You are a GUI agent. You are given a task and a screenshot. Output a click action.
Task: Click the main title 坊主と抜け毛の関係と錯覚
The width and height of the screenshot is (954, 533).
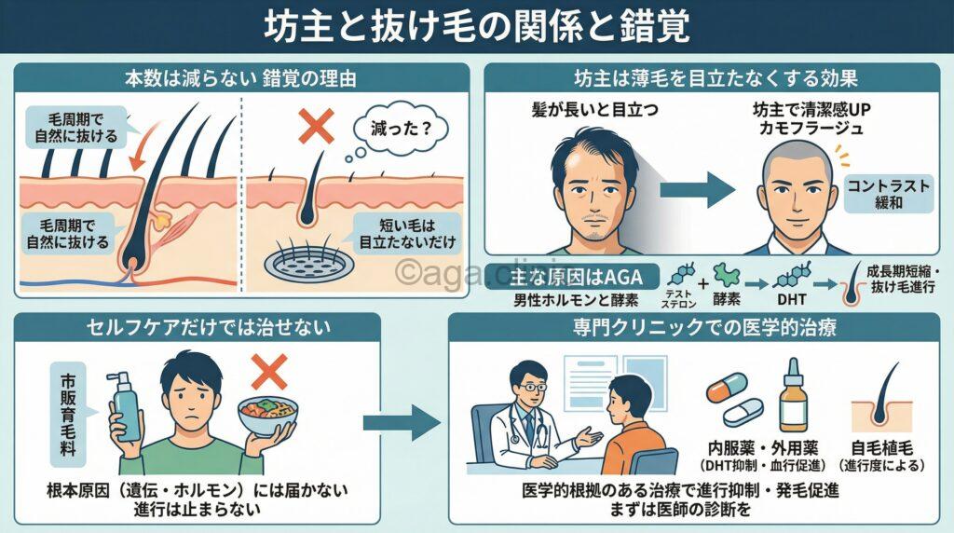pos(477,25)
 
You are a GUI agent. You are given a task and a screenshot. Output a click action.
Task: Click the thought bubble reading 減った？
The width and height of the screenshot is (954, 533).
pos(396,125)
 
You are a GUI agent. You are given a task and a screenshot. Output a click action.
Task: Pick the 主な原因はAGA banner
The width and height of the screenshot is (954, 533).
pos(576,277)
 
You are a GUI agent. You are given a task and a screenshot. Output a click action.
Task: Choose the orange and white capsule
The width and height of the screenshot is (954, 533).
pos(727,388)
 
